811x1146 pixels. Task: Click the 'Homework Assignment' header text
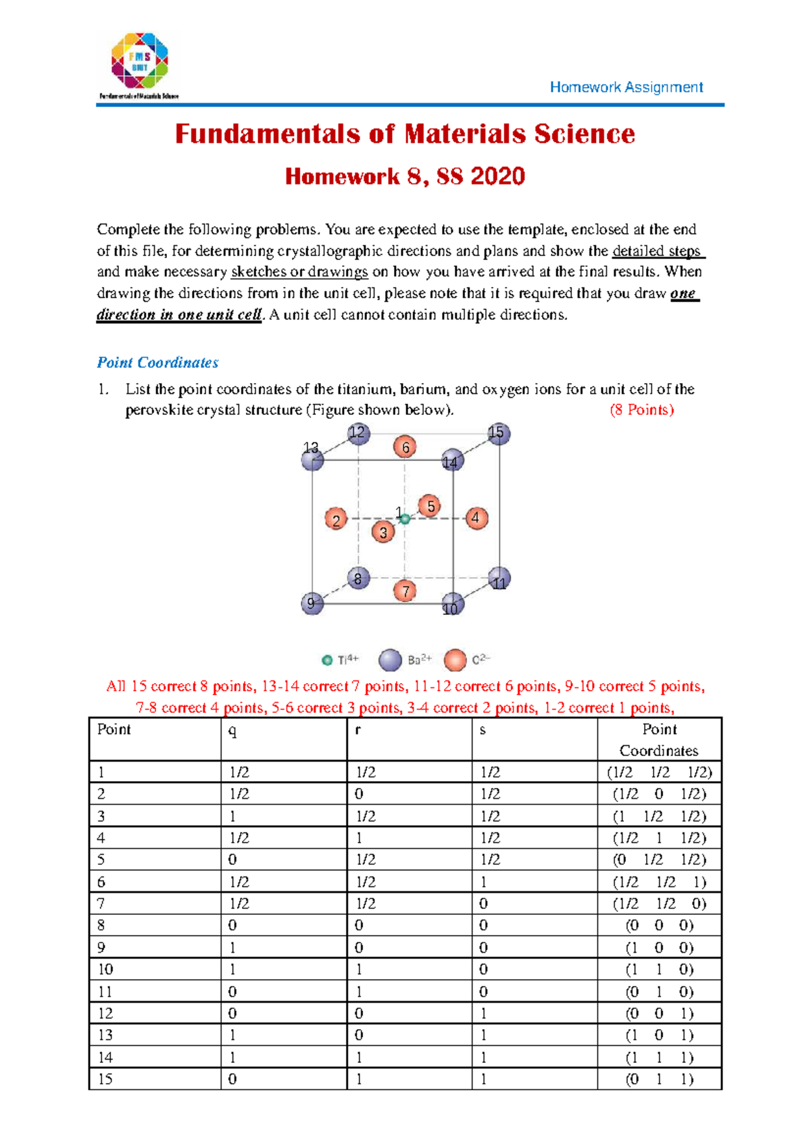click(x=626, y=87)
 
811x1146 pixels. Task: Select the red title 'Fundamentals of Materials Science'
click(x=405, y=134)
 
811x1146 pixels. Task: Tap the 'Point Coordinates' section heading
click(x=157, y=363)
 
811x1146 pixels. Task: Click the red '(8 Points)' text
click(x=641, y=409)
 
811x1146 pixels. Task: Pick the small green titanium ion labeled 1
click(x=405, y=519)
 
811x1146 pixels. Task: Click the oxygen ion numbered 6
click(x=405, y=447)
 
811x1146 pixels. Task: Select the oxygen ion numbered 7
click(x=405, y=591)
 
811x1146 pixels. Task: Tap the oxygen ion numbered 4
click(x=476, y=518)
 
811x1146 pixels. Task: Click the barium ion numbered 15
click(x=499, y=434)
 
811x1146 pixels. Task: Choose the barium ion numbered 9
click(x=312, y=603)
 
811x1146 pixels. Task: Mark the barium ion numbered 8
click(x=358, y=578)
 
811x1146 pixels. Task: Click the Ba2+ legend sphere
click(x=391, y=659)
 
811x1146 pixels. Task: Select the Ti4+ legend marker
click(x=327, y=660)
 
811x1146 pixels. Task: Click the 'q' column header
click(x=232, y=730)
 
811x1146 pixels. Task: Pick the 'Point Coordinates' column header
click(x=659, y=740)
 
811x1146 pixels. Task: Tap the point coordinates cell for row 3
click(x=659, y=816)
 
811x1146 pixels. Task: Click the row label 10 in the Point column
click(x=105, y=969)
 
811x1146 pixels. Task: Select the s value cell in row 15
click(x=483, y=1079)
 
